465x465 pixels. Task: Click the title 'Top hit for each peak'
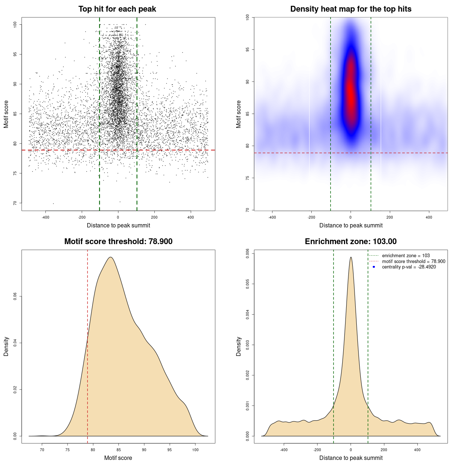pos(117,9)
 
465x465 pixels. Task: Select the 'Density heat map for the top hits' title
pos(351,9)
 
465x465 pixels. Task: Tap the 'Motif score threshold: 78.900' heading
pos(118,242)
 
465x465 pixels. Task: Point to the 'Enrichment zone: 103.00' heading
pos(351,242)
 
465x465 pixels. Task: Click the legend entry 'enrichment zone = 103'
pos(406,256)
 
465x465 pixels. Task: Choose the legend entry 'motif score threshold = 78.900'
pos(413,261)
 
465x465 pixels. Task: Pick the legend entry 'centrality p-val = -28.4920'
pos(409,267)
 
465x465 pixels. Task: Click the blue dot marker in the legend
pos(374,267)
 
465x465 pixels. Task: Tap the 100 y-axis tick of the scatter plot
pos(15,24)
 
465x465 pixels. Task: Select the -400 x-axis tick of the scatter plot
pos(45,217)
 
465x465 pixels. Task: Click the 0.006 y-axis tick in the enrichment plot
pos(248,253)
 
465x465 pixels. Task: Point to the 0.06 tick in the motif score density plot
pos(15,296)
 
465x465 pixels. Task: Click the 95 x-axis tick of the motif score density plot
pos(170,450)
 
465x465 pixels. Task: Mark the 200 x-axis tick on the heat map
pos(390,217)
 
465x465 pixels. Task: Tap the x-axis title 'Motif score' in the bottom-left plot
pos(118,458)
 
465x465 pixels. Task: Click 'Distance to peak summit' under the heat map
pos(351,225)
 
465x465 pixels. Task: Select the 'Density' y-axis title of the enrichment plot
pos(239,346)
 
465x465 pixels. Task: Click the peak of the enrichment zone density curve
pos(351,257)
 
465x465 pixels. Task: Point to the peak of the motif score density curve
pos(110,257)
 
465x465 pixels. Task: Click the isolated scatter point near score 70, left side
pos(53,203)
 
